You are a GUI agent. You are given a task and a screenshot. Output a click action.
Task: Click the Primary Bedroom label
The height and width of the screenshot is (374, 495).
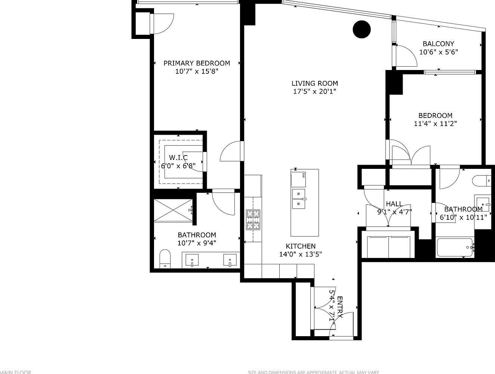point(197,63)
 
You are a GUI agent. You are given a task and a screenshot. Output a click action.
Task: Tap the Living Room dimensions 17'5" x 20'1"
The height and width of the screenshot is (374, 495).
point(314,91)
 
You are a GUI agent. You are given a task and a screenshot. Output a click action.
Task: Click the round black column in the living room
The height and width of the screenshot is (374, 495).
point(362,29)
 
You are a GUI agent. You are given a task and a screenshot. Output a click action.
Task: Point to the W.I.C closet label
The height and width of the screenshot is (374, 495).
point(178,158)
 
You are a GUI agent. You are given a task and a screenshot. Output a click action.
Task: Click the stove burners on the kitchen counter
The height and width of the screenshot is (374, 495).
point(253,219)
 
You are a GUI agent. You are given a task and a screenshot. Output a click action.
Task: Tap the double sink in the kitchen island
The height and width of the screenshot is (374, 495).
point(299,198)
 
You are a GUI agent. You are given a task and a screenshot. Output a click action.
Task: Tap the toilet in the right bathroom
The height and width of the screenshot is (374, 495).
point(482,181)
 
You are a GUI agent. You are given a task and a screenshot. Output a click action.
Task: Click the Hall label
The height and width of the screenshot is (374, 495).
point(394,204)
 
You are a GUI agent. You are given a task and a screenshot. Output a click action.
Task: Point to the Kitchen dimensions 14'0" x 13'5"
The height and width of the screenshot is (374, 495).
point(301,254)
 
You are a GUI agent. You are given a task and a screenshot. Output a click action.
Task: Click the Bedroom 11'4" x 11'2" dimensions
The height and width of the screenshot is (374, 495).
point(435,123)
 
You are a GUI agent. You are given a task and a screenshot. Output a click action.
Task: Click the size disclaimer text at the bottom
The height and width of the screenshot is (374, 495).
point(313,372)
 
